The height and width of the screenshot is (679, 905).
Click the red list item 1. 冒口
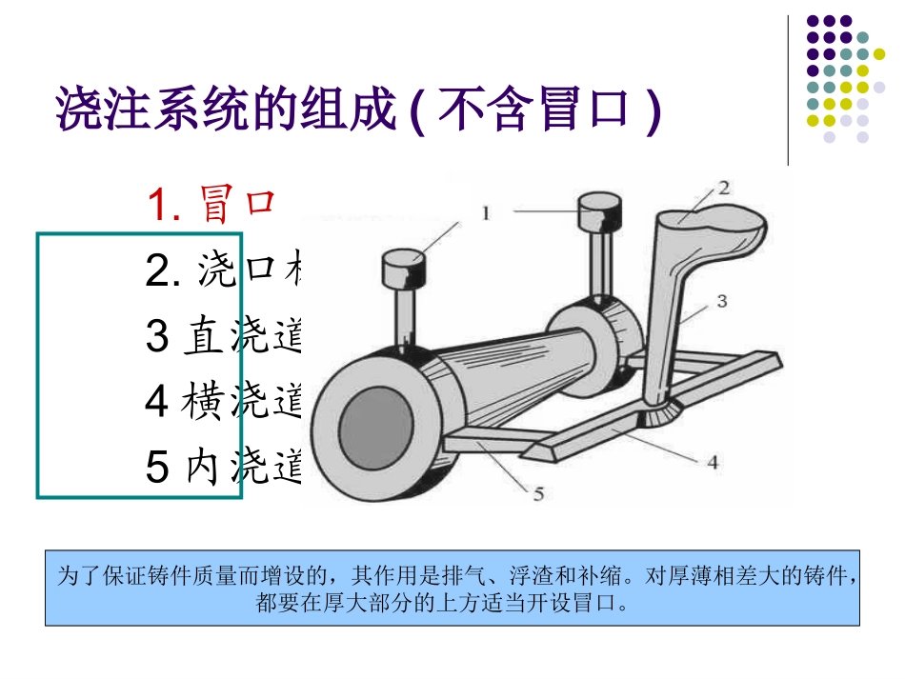tap(211, 204)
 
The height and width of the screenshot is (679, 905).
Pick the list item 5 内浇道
tap(223, 467)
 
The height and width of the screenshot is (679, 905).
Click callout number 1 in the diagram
tap(486, 212)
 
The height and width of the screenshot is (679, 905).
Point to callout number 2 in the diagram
tap(723, 188)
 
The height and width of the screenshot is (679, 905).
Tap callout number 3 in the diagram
tap(722, 301)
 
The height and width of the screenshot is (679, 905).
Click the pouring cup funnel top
tap(711, 230)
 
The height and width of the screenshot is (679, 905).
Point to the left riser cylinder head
tap(402, 268)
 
